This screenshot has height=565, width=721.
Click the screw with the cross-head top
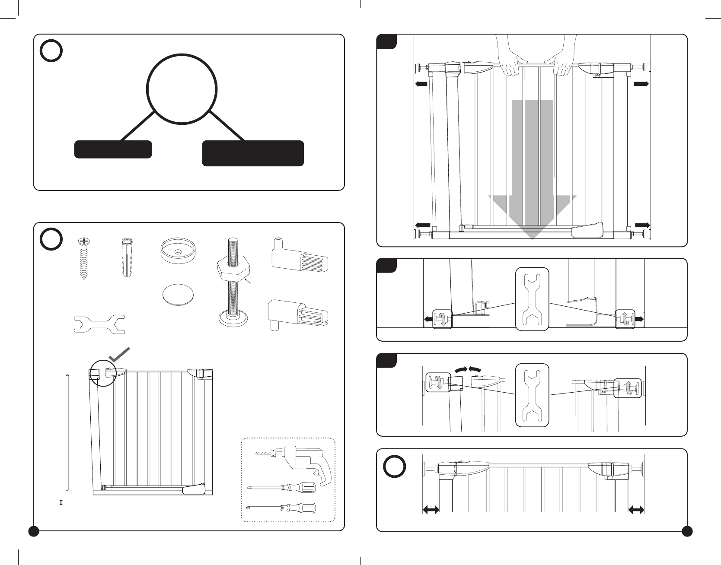point(83,258)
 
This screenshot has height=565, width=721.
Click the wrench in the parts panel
point(99,324)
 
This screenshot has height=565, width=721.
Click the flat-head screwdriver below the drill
point(281,488)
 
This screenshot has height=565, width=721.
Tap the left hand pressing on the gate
point(513,56)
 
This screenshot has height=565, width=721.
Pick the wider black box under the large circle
point(253,153)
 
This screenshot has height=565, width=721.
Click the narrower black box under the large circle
point(113,149)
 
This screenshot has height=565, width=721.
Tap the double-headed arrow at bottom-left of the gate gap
point(431,511)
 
